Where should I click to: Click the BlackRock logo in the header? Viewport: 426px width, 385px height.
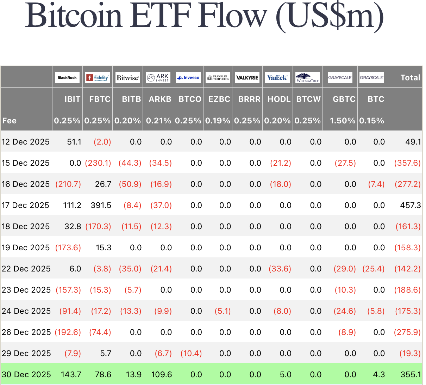67,78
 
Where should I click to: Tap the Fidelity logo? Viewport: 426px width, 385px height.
98,78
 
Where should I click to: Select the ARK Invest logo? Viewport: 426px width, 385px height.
158,78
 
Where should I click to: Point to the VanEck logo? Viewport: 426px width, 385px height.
277,78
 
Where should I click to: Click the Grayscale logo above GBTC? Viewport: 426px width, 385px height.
340,78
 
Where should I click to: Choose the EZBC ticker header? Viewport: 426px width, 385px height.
219,99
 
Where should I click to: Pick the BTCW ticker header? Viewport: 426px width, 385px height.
308,99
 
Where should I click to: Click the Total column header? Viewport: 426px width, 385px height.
410,78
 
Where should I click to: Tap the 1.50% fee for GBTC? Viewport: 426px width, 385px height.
343,121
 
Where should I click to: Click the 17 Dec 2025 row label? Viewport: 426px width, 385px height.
25,205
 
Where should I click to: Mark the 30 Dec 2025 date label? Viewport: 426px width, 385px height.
26,374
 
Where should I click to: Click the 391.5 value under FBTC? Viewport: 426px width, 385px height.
101,205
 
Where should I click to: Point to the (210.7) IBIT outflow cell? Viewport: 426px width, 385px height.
68,184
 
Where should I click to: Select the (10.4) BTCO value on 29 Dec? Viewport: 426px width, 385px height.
191,353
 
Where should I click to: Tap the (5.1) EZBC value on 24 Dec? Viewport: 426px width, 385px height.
223,311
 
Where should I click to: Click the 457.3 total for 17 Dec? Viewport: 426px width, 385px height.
411,205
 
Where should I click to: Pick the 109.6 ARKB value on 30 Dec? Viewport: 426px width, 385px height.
162,374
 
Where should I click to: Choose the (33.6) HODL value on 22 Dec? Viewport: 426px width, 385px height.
280,269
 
